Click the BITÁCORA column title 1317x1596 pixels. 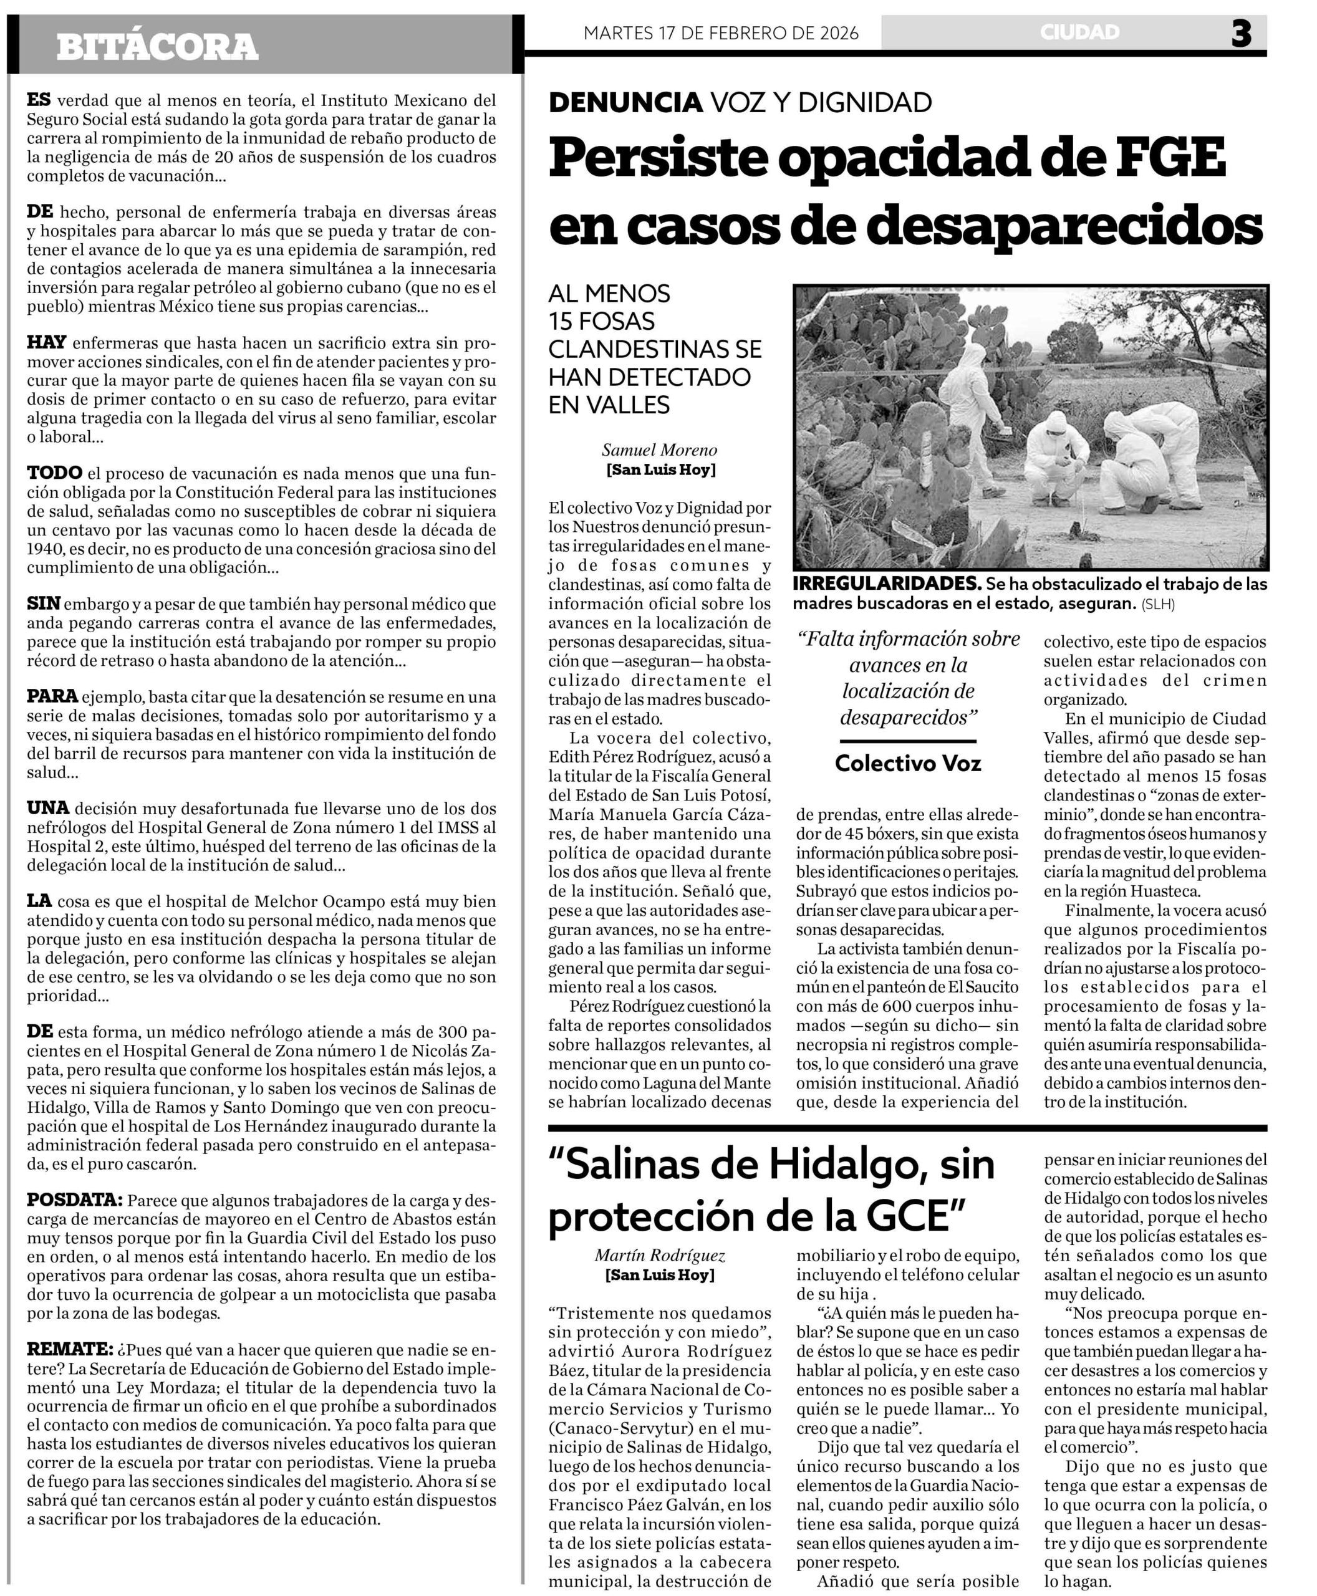[x=157, y=47]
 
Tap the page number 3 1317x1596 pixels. [x=1241, y=34]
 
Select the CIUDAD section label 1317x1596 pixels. [x=1079, y=32]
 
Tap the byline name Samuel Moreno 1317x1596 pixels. [x=659, y=450]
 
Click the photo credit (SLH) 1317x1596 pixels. [x=1158, y=604]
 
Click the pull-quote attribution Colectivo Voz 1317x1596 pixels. [x=907, y=762]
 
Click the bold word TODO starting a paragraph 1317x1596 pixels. [x=55, y=473]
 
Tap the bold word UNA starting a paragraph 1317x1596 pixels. [x=48, y=808]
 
